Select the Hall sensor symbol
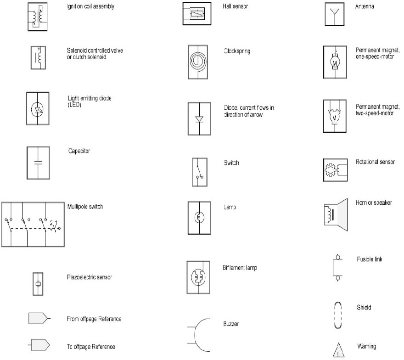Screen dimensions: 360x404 (196, 14)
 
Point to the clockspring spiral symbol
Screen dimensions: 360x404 (198, 61)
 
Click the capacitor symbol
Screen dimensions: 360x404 (38, 163)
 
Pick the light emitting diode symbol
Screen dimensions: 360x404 (38, 109)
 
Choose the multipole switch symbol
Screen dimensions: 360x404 (32, 225)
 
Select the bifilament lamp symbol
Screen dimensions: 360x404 (198, 277)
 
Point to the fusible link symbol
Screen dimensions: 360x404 (337, 267)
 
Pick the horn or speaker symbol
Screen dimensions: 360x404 (335, 215)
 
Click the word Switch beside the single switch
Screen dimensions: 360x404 (231, 163)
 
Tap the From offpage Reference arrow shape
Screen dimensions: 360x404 (39, 318)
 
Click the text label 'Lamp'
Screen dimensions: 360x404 (230, 208)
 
